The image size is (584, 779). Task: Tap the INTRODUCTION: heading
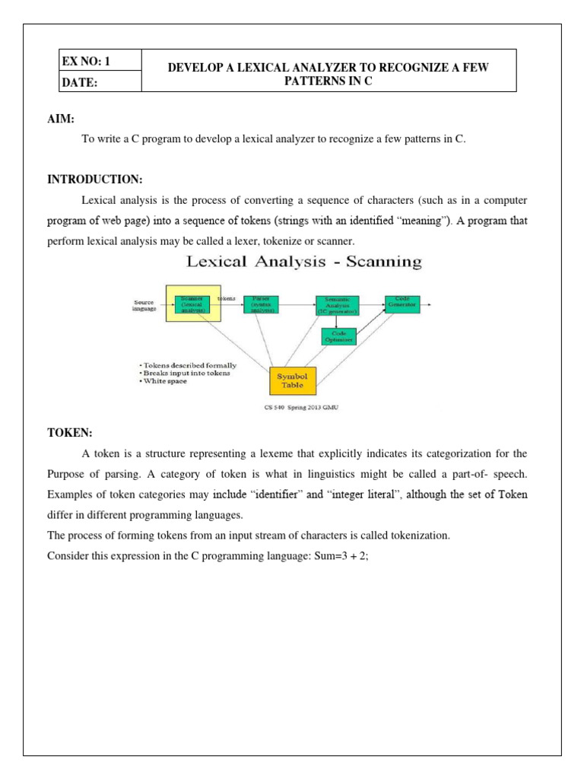click(94, 180)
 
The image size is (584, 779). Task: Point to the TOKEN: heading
click(69, 433)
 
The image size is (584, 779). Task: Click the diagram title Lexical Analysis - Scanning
click(303, 262)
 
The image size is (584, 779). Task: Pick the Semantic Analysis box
click(338, 305)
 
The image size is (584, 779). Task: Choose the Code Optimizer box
click(339, 336)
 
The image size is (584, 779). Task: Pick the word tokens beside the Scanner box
click(227, 298)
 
